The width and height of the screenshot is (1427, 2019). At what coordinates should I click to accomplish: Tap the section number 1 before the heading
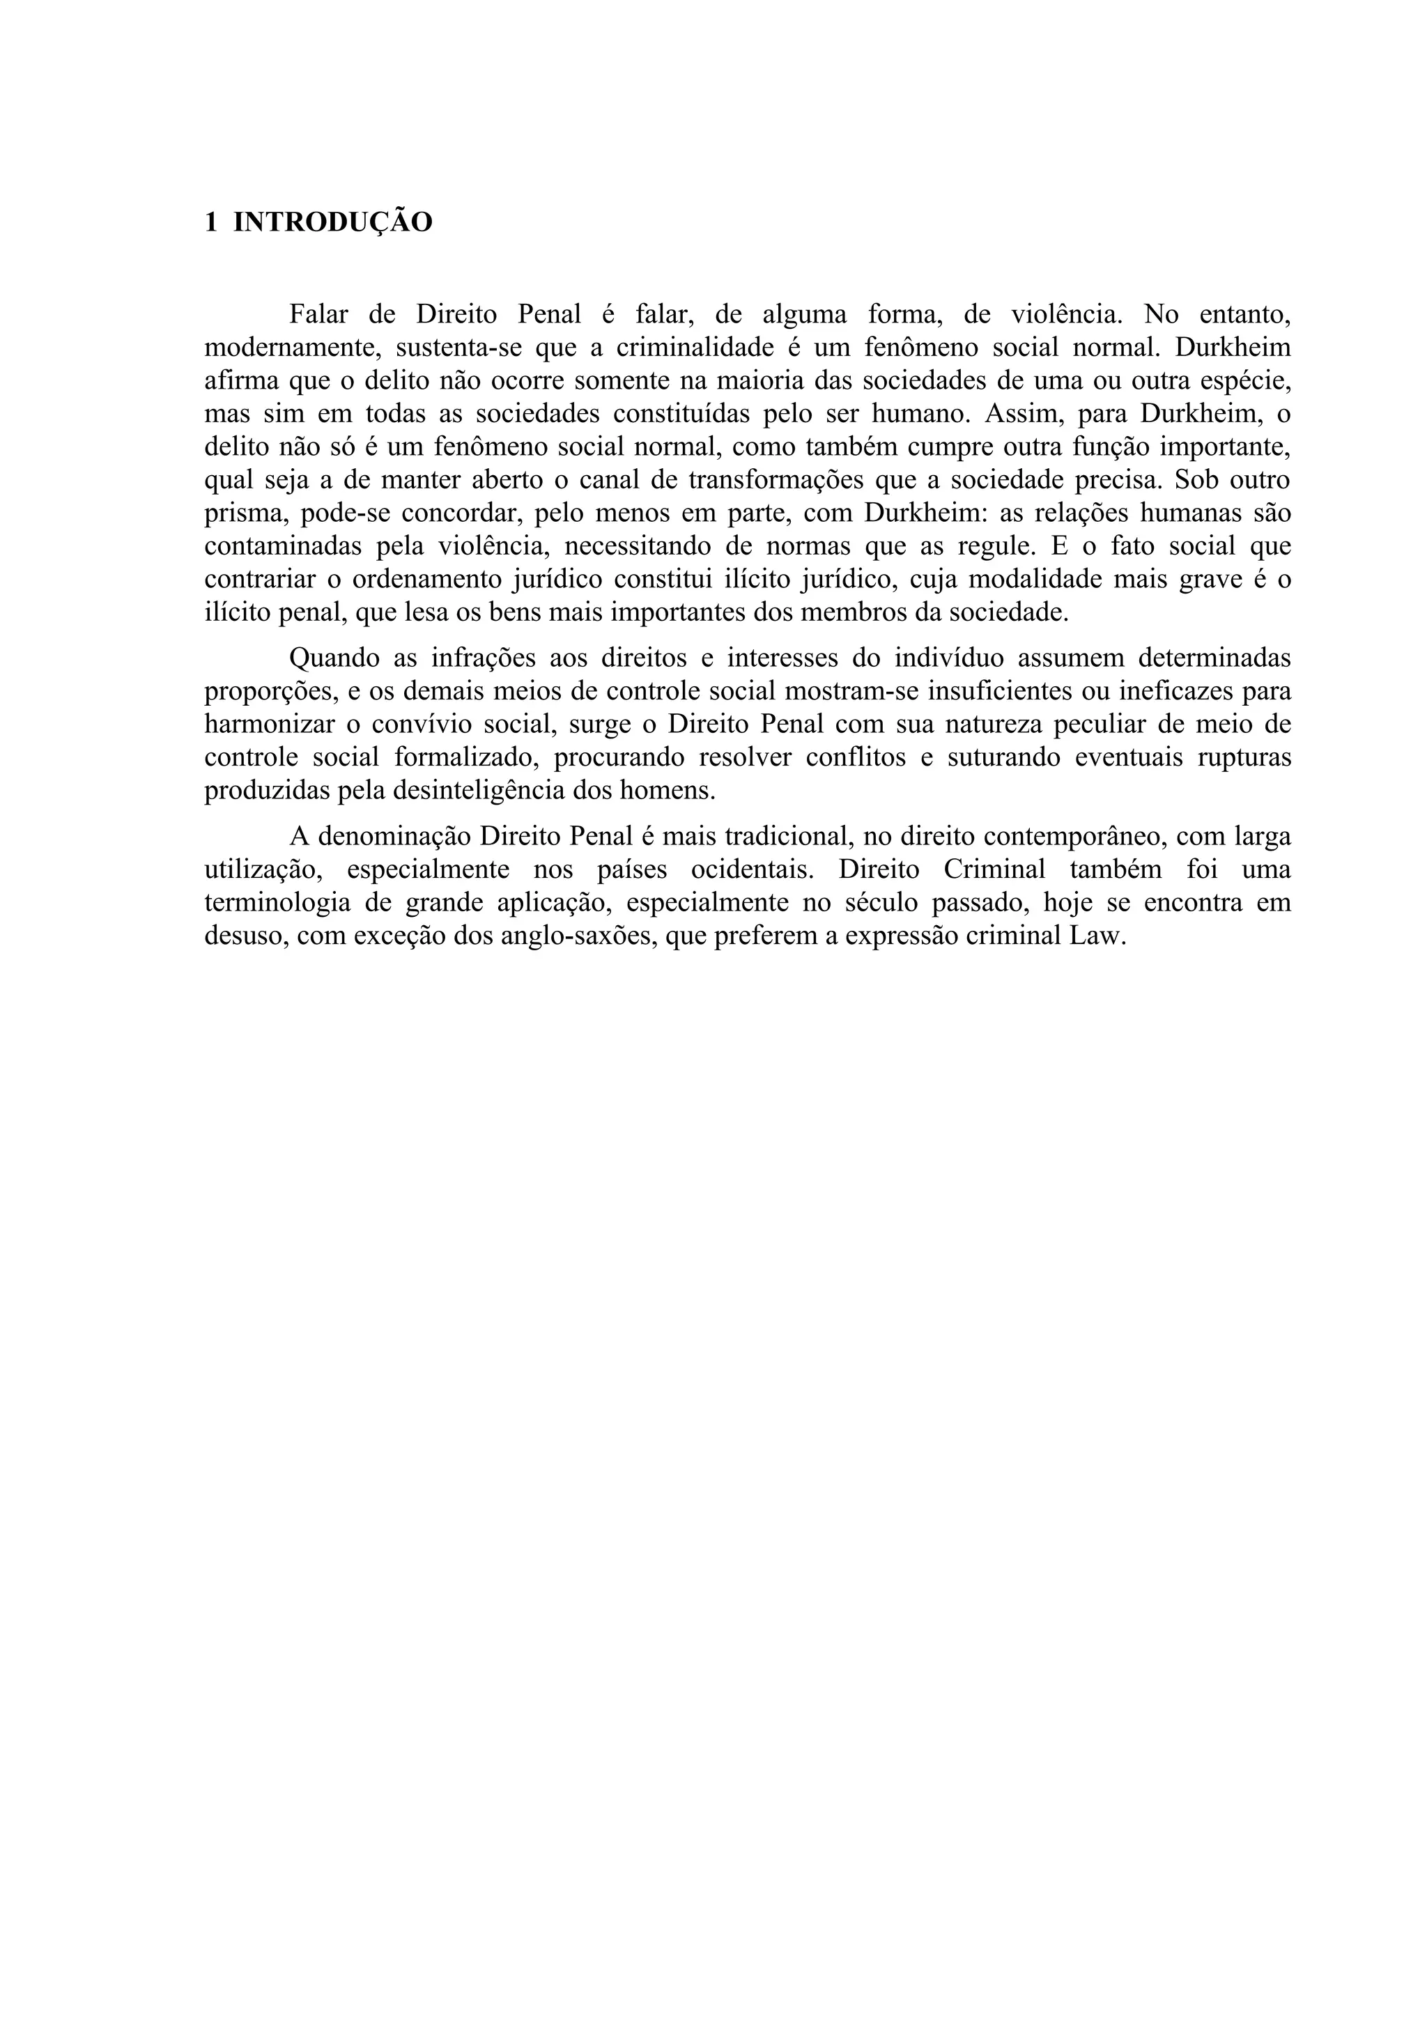211,222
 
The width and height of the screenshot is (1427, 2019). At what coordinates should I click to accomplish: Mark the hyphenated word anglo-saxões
576,936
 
